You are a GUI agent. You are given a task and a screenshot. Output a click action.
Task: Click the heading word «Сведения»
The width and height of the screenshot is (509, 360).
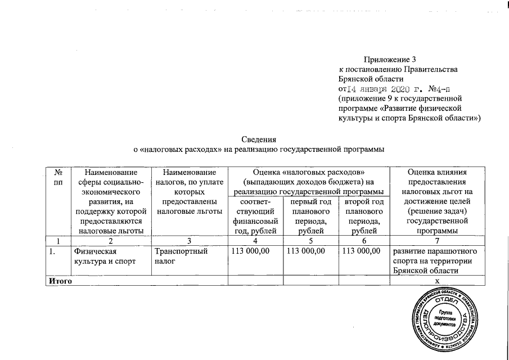pyautogui.click(x=259, y=139)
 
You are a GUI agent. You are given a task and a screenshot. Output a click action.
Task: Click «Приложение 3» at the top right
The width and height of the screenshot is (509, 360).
pyautogui.click(x=389, y=58)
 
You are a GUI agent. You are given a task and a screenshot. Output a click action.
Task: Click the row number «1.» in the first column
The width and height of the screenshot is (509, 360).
pyautogui.click(x=52, y=251)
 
